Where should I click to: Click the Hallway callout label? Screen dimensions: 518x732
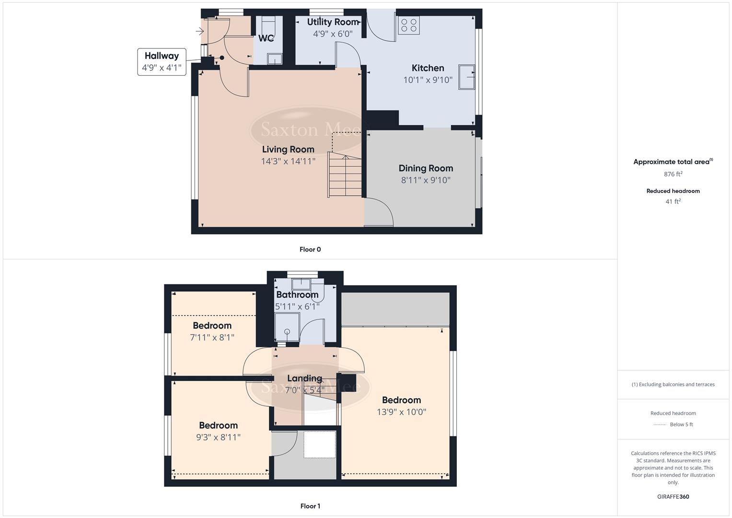point(162,56)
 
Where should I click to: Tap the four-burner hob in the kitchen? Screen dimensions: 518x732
point(408,25)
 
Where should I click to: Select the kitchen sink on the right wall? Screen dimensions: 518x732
point(466,77)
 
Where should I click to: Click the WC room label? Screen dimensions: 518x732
point(266,38)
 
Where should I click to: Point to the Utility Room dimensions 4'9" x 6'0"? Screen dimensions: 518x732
point(333,34)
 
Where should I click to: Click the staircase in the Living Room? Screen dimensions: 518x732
point(345,175)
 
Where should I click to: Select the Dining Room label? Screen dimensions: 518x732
point(426,168)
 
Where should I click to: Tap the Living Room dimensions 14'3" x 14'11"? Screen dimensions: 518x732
point(288,162)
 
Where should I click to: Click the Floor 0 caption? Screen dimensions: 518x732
point(310,249)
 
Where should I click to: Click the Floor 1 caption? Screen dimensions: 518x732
point(310,506)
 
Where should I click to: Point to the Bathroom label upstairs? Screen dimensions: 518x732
point(297,295)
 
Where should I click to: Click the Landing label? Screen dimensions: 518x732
point(304,378)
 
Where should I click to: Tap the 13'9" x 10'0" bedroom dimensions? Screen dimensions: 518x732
point(401,412)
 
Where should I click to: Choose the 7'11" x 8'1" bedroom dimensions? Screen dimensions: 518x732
point(212,338)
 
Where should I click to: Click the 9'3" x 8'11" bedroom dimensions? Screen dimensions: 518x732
point(218,437)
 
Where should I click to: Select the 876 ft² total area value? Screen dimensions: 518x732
point(673,174)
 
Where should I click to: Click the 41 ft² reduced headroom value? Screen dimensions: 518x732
point(673,201)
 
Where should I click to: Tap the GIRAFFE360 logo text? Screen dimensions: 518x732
point(673,497)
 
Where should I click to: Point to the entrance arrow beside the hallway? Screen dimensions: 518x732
point(199,32)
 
